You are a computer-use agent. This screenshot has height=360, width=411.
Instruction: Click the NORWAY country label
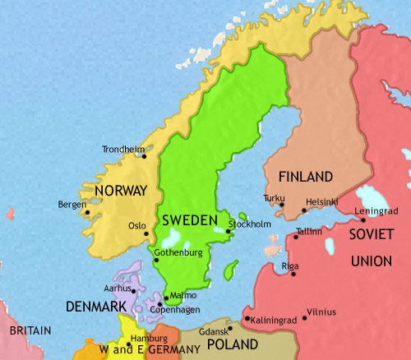pyautogui.click(x=121, y=191)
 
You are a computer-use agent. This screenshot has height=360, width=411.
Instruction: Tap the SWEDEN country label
pyautogui.click(x=190, y=220)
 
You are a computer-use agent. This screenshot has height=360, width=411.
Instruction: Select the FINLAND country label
pyautogui.click(x=305, y=177)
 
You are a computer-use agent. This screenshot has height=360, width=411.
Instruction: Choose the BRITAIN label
pyautogui.click(x=30, y=330)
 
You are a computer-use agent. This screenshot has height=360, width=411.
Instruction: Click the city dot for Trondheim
pyautogui.click(x=144, y=156)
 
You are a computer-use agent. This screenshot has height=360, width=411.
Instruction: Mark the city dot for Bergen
pyautogui.click(x=87, y=212)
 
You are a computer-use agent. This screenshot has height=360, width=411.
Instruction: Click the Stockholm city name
pyautogui.click(x=249, y=224)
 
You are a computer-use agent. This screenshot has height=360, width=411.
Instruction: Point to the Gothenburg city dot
pyautogui.click(x=156, y=261)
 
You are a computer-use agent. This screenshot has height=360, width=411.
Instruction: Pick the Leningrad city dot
pyautogui.click(x=363, y=219)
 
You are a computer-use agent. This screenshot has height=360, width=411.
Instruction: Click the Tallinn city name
pyautogui.click(x=308, y=232)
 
